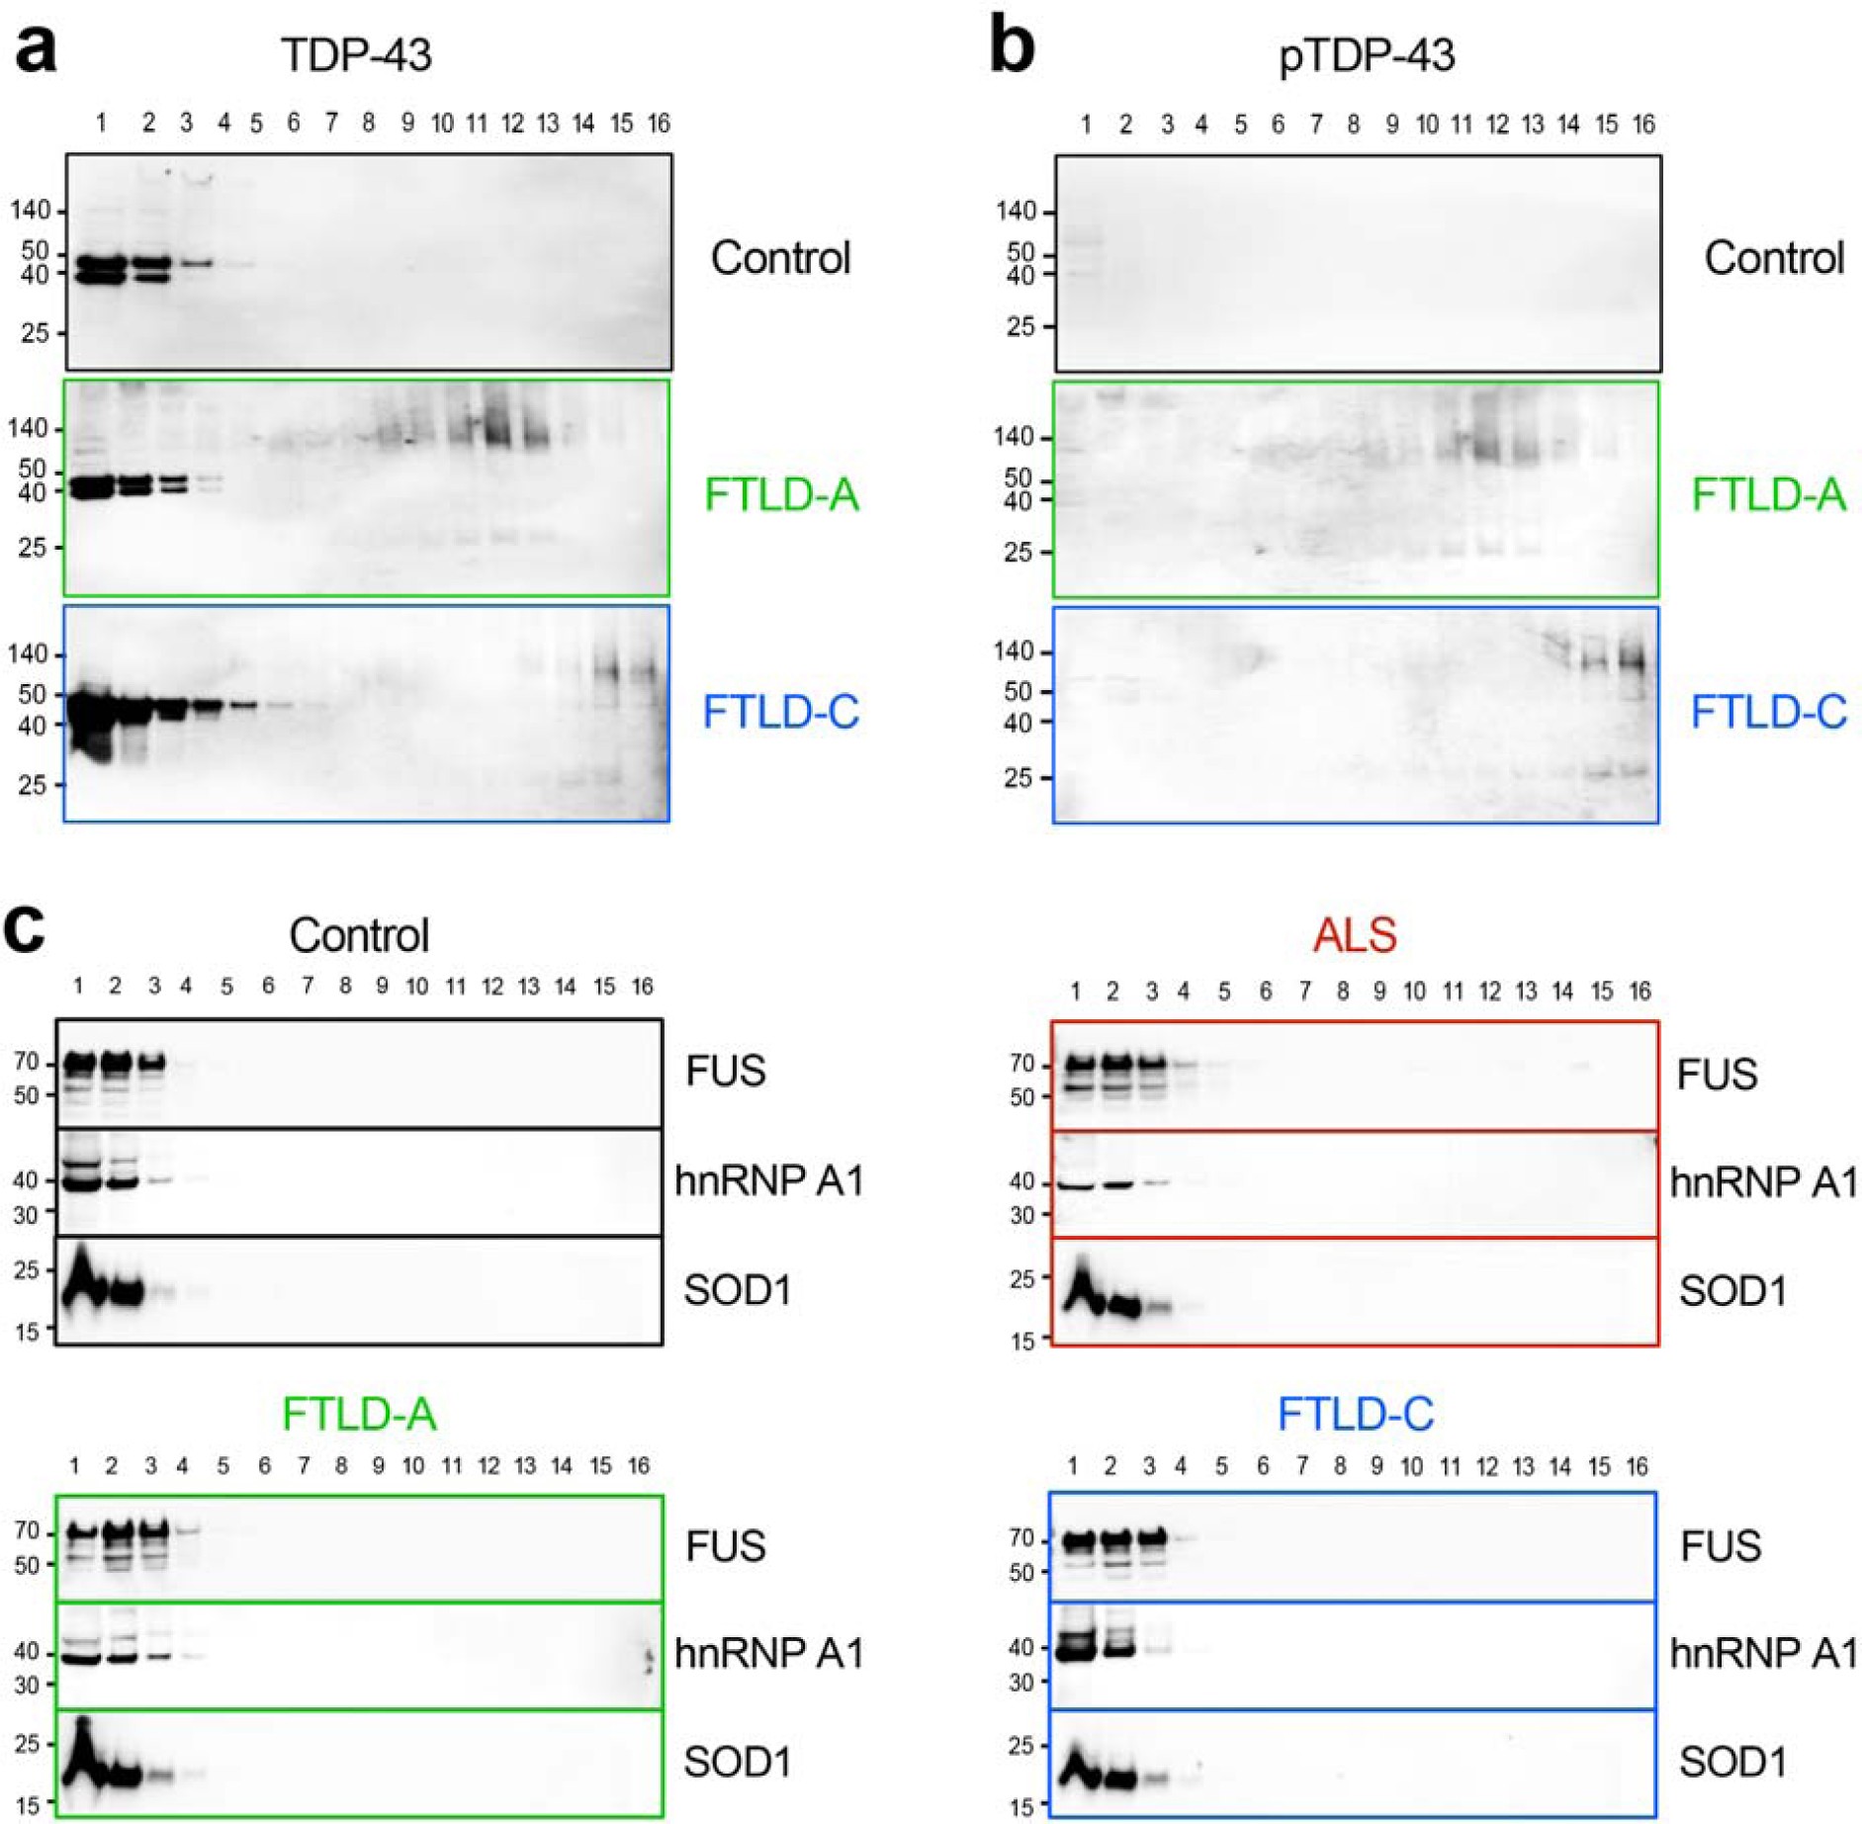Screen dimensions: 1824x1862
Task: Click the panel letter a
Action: [x=35, y=49]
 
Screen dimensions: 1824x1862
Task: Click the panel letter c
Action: [x=25, y=929]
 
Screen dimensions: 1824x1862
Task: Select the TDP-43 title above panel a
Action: [x=356, y=54]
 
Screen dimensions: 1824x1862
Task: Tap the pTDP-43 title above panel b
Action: [x=1367, y=56]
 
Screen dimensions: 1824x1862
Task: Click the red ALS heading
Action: [x=1354, y=934]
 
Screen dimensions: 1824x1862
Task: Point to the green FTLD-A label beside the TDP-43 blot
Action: [x=780, y=494]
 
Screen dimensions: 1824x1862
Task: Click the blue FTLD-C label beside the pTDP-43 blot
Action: [x=1768, y=712]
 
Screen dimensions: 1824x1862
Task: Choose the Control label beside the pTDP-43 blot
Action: [x=1773, y=258]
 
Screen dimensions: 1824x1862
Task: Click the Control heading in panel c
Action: [x=359, y=935]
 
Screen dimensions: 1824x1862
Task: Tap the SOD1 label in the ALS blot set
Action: [x=1732, y=1290]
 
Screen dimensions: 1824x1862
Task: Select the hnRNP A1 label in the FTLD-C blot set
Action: [x=1763, y=1653]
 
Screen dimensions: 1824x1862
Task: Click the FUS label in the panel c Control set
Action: [x=725, y=1071]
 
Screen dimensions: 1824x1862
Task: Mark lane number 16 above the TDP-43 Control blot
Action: [x=659, y=124]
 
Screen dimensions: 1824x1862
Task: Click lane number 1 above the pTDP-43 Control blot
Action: [x=1086, y=125]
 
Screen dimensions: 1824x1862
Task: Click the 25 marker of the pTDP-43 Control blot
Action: [x=1020, y=326]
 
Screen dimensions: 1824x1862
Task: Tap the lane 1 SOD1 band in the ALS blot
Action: [x=1084, y=1290]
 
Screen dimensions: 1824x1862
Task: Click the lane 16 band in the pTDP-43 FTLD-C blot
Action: [x=1636, y=660]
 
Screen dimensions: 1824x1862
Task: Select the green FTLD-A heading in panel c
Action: [x=359, y=1414]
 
